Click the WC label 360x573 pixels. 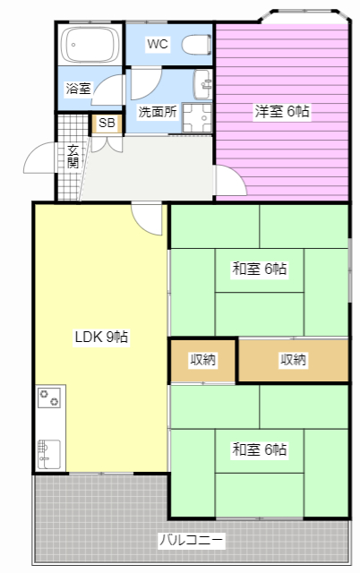(x=158, y=44)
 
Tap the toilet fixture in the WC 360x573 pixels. (x=196, y=45)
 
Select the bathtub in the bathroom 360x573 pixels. (x=90, y=45)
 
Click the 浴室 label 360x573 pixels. (x=78, y=88)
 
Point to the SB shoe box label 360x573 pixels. (x=107, y=124)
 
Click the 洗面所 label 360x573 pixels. (x=158, y=111)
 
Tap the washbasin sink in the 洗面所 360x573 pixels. (x=202, y=84)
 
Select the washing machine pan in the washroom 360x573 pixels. (x=197, y=118)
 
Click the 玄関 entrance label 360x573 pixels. (x=73, y=157)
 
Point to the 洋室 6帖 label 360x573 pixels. (x=282, y=111)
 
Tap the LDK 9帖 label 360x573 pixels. (x=101, y=337)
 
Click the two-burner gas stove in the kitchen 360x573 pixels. (x=49, y=398)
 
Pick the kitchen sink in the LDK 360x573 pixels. (x=49, y=454)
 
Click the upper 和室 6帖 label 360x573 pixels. (x=260, y=269)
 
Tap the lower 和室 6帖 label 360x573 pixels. (x=260, y=449)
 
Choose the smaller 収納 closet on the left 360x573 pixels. (x=203, y=360)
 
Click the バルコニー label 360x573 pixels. (x=191, y=540)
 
